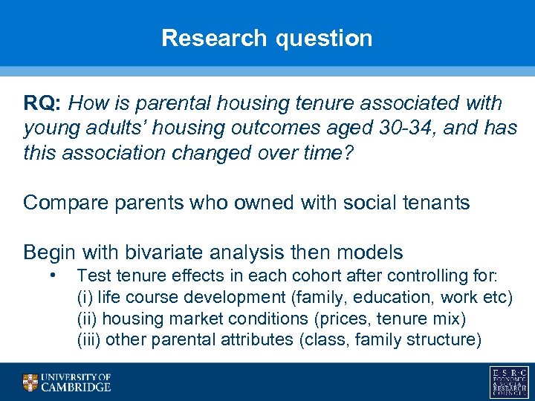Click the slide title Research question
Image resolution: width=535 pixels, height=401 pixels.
point(267,38)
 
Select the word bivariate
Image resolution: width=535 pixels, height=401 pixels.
point(163,252)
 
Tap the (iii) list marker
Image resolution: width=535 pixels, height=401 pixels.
point(89,340)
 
